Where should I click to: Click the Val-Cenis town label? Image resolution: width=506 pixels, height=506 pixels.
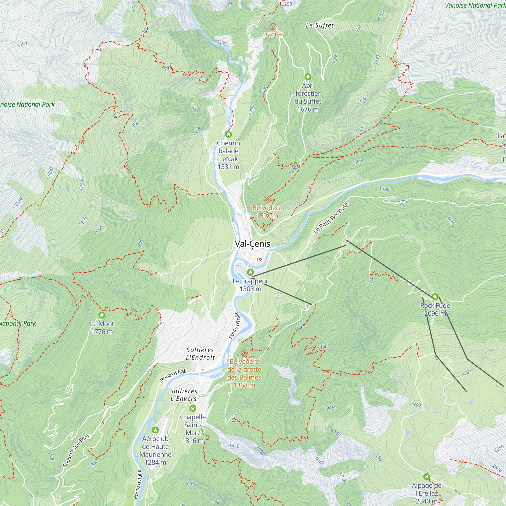click(252, 244)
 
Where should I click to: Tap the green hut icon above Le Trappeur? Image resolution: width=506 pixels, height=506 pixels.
click(250, 272)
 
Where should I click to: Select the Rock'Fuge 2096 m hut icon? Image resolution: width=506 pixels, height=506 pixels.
click(435, 297)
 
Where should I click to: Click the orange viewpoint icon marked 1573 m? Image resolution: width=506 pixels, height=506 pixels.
click(273, 27)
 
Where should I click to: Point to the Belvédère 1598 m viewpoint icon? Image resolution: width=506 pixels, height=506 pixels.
click(267, 199)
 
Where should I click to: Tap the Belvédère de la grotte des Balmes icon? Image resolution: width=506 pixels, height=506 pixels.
click(244, 353)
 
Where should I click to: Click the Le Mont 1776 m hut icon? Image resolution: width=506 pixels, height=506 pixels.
click(102, 315)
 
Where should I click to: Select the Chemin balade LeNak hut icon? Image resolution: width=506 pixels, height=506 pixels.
click(228, 134)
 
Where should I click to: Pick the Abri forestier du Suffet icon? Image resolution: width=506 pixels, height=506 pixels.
click(308, 77)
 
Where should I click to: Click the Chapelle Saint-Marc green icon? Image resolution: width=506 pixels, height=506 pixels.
click(193, 408)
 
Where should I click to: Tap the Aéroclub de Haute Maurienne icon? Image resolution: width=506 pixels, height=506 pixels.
click(155, 430)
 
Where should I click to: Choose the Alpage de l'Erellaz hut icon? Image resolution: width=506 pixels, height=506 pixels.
click(427, 476)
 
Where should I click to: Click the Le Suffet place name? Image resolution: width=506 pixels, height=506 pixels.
click(320, 25)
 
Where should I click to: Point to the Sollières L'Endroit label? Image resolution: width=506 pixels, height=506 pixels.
click(200, 354)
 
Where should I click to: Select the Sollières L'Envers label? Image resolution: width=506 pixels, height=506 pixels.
click(183, 395)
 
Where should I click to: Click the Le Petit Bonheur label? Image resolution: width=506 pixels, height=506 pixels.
click(331, 217)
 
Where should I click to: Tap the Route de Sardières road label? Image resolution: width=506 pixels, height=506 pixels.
click(77, 451)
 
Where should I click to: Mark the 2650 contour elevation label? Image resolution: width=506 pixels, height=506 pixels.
click(499, 449)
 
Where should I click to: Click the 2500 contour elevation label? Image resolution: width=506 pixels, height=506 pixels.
click(22, 44)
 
